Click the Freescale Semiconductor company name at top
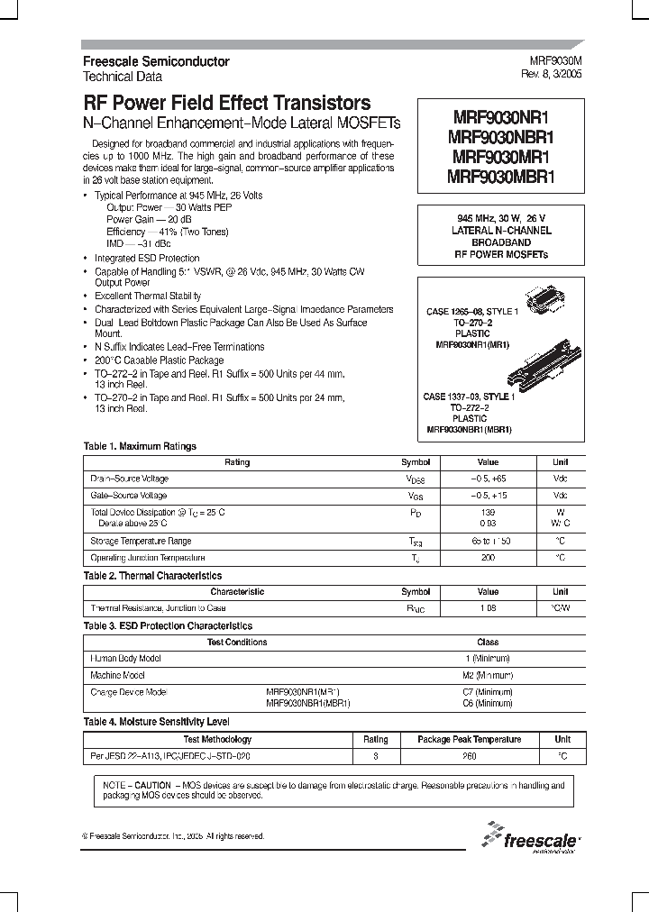[156, 62]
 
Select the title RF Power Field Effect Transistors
[226, 103]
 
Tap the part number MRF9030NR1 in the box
[501, 118]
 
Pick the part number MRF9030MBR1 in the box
[501, 178]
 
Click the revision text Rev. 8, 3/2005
[552, 75]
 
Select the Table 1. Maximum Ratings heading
[140, 446]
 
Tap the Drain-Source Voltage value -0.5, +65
[488, 479]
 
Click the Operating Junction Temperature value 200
[488, 559]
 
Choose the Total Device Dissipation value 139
[488, 511]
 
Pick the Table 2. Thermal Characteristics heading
[152, 576]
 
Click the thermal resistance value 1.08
[488, 609]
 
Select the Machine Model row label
[117, 675]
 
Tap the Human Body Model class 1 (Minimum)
[488, 659]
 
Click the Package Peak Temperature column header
[469, 740]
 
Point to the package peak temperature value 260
[469, 757]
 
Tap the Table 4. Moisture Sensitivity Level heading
[156, 722]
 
